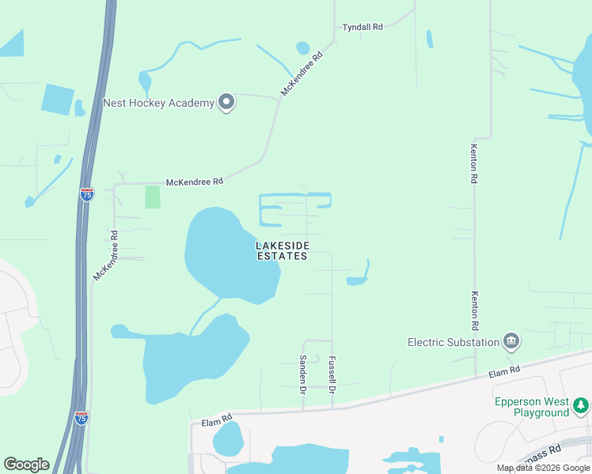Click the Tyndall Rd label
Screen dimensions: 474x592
coord(362,27)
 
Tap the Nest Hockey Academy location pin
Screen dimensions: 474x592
coord(227,103)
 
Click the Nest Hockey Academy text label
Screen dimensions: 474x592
coord(159,103)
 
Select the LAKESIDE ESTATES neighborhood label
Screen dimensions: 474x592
coord(281,251)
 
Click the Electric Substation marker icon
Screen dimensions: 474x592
coord(511,341)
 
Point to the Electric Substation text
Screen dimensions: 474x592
coord(453,342)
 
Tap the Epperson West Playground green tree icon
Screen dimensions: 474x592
coord(581,405)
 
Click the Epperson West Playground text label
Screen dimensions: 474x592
coord(531,407)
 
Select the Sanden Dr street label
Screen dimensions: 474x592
coord(302,374)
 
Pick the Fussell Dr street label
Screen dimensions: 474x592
coord(332,375)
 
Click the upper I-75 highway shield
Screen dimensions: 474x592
coord(86,193)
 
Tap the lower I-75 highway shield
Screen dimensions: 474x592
coord(81,418)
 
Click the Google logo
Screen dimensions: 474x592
coord(26,465)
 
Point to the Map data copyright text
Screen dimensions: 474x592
coord(544,468)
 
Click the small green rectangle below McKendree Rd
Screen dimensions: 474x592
coord(153,197)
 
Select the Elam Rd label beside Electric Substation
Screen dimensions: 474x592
coord(504,371)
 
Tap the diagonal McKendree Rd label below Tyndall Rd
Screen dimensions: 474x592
coord(303,74)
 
